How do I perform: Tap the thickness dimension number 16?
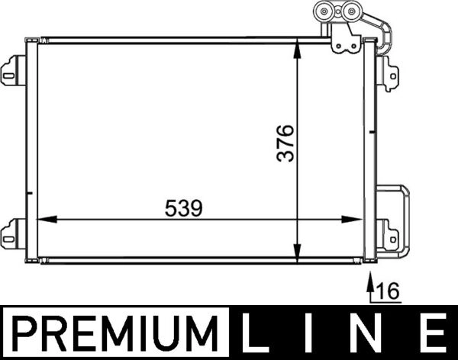(x=389, y=291)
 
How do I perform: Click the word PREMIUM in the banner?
(x=114, y=333)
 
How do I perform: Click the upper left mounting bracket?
(x=13, y=70)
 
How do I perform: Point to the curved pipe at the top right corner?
(x=386, y=34)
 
